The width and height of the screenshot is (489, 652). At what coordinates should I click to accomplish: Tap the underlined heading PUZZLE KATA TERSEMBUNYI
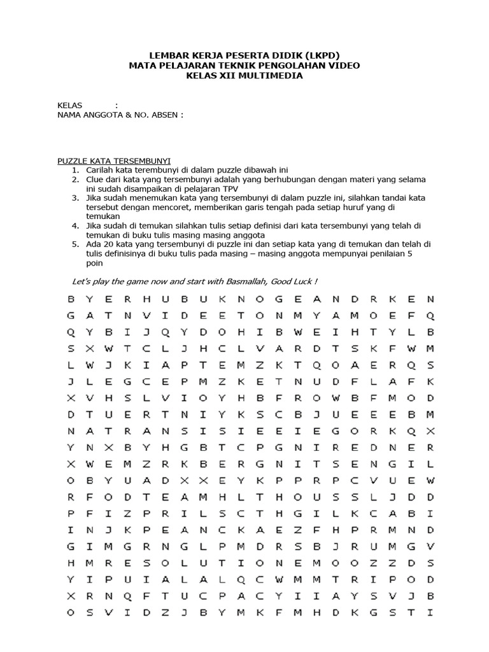pyautogui.click(x=114, y=161)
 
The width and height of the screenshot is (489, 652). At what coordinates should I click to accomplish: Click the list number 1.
pyautogui.click(x=74, y=171)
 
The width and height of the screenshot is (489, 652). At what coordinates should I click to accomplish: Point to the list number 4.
pyautogui.click(x=74, y=226)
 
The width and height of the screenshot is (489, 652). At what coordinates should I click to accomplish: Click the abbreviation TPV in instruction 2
pyautogui.click(x=228, y=189)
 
